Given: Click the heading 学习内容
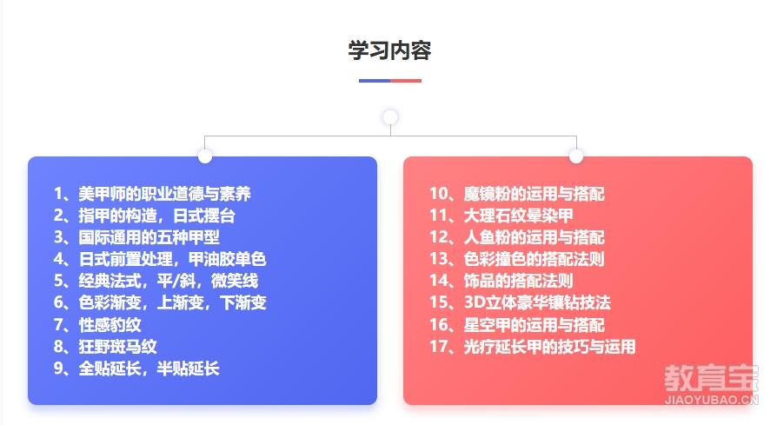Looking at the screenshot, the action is (389, 50).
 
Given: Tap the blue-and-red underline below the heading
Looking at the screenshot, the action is (390, 80).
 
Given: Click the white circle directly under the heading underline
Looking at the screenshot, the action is (390, 117).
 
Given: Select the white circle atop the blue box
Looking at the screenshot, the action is (204, 156).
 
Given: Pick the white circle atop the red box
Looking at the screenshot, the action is (576, 156).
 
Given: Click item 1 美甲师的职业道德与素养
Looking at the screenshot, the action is (152, 194).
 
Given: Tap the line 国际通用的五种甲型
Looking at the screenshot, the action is (136, 237).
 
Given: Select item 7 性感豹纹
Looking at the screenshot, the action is (97, 325).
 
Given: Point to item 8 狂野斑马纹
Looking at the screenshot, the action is (105, 347).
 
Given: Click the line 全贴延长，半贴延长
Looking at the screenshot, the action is (136, 369).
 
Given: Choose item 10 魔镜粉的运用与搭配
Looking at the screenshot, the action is (517, 194).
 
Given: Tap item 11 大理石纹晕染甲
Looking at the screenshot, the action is (501, 216).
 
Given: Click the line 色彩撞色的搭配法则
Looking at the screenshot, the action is (517, 259).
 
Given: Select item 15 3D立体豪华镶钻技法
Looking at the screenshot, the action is (520, 302).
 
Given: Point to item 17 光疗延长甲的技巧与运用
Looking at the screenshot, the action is (532, 347).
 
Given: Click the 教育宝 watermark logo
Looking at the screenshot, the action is (711, 379).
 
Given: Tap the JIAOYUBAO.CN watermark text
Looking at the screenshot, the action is (711, 400).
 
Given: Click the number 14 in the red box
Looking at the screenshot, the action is (439, 281).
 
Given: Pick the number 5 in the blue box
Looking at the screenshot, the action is (58, 281).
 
